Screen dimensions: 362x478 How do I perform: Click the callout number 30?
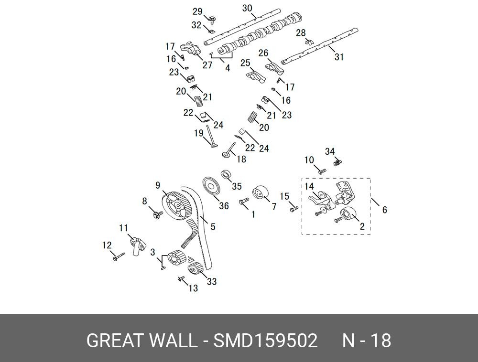[x=247, y=8]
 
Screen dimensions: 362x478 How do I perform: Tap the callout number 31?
[x=339, y=57]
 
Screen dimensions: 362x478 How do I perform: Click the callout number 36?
[x=224, y=206]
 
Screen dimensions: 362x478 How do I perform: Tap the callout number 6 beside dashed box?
[x=385, y=209]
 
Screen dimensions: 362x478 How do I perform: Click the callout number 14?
[x=309, y=186]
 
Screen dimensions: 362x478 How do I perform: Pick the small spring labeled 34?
[x=338, y=163]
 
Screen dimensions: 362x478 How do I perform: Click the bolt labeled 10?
[x=322, y=170]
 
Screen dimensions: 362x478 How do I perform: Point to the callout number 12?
[x=107, y=245]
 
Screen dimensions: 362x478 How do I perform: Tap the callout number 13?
[x=193, y=288]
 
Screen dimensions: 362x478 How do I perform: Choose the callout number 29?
[x=197, y=11]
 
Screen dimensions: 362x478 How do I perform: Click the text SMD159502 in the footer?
[x=265, y=341]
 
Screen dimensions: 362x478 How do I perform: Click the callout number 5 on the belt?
[x=213, y=227]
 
